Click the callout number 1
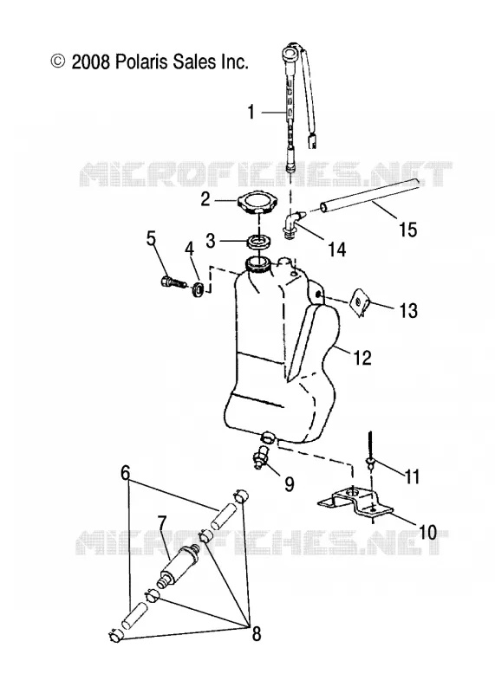coord(251,113)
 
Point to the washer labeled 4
coord(199,290)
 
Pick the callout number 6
coord(125,473)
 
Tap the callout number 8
coord(256,634)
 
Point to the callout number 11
coord(413,477)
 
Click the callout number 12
coord(362,357)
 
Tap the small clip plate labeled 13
coord(360,301)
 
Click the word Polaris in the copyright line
coord(141,62)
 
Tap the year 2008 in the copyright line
coord(91,62)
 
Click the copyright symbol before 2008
coord(58,62)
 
